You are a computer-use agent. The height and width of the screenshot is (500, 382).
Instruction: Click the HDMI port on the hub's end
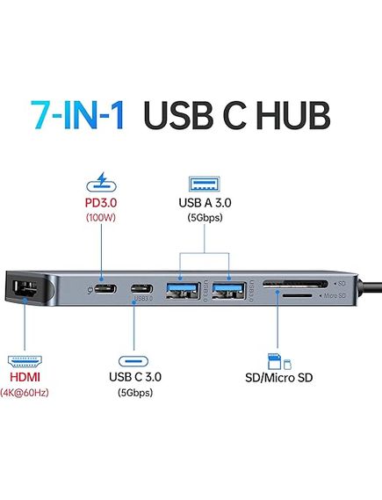coord(25,288)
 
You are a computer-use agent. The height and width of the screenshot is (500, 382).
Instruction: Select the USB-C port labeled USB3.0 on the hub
coord(141,289)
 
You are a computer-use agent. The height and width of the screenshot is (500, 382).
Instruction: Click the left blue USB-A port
coord(183,290)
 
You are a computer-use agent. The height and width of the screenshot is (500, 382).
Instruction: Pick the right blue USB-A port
coord(228,290)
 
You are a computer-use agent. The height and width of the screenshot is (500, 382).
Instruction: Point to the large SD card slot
coord(295,284)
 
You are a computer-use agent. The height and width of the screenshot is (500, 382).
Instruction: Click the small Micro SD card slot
coord(297,295)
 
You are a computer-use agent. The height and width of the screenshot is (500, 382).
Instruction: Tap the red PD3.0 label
coord(101,203)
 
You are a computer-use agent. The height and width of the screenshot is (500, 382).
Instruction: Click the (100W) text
coord(101,218)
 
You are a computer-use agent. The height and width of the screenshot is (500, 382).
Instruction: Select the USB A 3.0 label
coord(205,203)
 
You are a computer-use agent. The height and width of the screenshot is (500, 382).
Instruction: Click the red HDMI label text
coord(25,377)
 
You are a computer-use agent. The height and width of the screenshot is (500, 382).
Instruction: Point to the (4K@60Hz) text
coord(25,393)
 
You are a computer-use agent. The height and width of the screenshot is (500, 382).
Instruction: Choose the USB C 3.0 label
coord(135,377)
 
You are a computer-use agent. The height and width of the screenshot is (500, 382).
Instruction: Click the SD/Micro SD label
coord(278,378)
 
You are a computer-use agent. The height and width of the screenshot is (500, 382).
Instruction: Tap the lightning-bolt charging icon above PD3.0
coord(101,182)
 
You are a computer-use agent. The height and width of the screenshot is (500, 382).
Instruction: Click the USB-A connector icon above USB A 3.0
coord(205,184)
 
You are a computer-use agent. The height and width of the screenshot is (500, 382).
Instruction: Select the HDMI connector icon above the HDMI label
coord(25,361)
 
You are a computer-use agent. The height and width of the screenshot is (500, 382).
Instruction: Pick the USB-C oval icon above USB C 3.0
coord(133,361)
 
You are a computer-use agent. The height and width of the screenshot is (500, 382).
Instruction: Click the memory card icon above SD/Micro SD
coord(279,361)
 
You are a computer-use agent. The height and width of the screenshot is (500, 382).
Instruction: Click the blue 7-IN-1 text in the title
coord(77,115)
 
